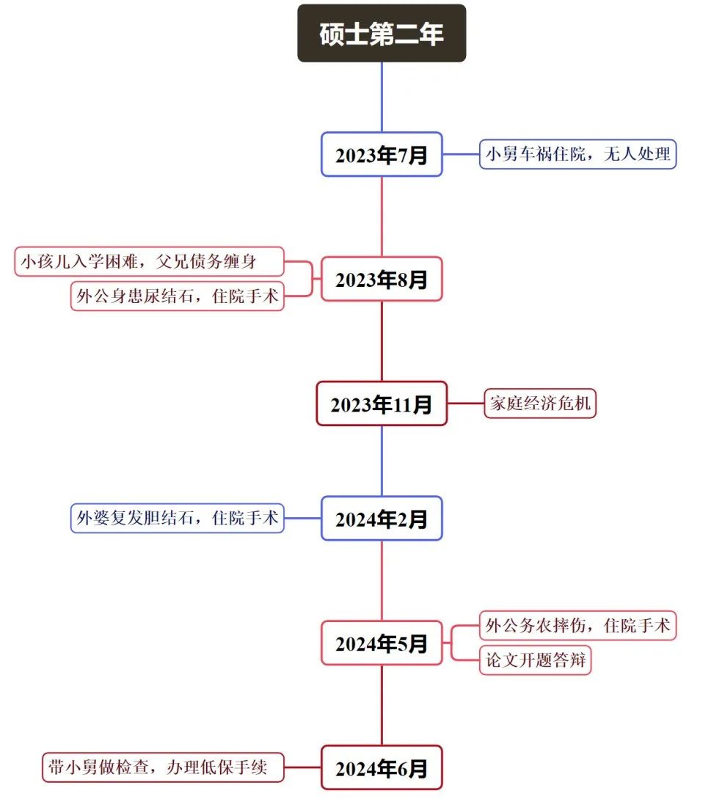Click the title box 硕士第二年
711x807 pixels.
click(382, 34)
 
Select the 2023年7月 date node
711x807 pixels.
click(382, 155)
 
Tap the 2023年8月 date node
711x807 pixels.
click(382, 279)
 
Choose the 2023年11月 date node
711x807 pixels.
click(382, 403)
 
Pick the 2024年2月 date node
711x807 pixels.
click(382, 519)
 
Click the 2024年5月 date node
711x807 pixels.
click(382, 643)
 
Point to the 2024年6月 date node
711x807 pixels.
click(382, 767)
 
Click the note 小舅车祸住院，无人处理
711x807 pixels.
click(577, 155)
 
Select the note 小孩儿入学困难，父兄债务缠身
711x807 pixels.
click(149, 261)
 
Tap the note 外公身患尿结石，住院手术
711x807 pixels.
click(177, 296)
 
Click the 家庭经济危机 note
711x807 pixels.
click(539, 403)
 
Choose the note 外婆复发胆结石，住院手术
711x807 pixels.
click(177, 518)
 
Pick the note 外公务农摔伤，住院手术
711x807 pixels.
click(577, 626)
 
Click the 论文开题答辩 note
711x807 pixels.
click(535, 660)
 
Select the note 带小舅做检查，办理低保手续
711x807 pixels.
click(162, 767)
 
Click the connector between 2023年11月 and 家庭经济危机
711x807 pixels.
click(465, 403)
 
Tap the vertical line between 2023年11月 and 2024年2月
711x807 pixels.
click(382, 461)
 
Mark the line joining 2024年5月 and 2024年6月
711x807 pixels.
click(382, 705)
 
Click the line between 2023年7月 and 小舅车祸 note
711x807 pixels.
click(461, 155)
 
